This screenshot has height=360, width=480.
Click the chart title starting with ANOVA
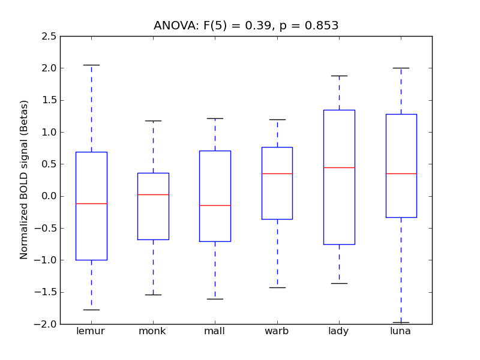pyautogui.click(x=246, y=26)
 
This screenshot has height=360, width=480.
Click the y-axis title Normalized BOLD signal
pyautogui.click(x=25, y=180)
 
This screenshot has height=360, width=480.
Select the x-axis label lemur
pyautogui.click(x=91, y=331)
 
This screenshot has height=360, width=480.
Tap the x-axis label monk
pyautogui.click(x=153, y=331)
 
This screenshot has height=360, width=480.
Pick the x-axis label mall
pyautogui.click(x=215, y=331)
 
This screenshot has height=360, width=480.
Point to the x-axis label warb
pyautogui.click(x=277, y=331)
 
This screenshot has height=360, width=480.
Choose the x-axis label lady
pyautogui.click(x=339, y=331)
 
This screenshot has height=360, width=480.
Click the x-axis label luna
pyautogui.click(x=401, y=331)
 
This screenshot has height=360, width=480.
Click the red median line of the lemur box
pyautogui.click(x=91, y=203)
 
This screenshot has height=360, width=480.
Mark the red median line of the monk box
pyautogui.click(x=153, y=194)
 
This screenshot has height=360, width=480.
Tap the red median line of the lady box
pyautogui.click(x=339, y=167)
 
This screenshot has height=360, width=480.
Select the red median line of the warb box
pyautogui.click(x=277, y=173)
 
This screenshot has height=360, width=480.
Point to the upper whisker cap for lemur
pyautogui.click(x=91, y=65)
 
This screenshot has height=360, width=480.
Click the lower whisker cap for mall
pyautogui.click(x=215, y=299)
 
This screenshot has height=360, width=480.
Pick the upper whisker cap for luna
pyautogui.click(x=401, y=68)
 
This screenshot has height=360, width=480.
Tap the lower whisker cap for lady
pyautogui.click(x=339, y=283)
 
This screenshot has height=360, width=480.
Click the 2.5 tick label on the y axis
pyautogui.click(x=50, y=37)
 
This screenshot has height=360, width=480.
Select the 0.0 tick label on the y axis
pyautogui.click(x=50, y=196)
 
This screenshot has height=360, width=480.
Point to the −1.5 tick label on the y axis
pyautogui.click(x=47, y=292)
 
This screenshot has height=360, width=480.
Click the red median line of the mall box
pyautogui.click(x=215, y=205)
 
